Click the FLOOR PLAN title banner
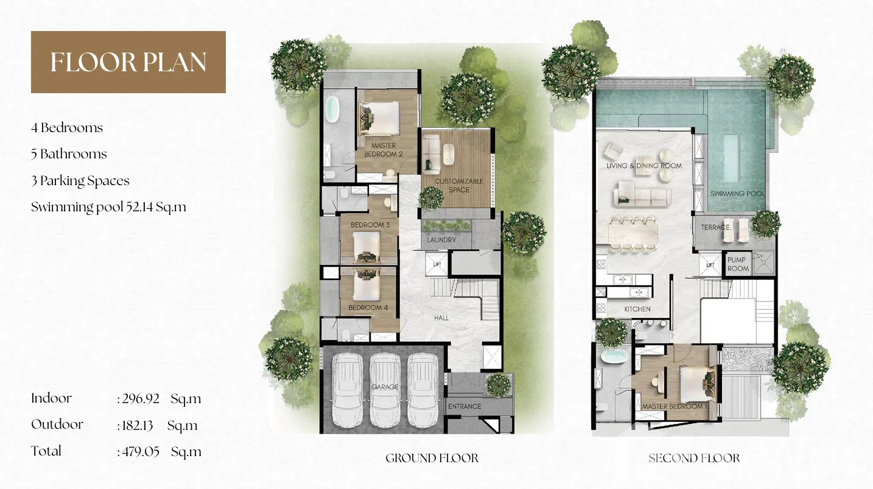pos(128,62)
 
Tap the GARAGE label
pos(385,387)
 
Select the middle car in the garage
pos(385,390)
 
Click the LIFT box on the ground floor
pos(436,265)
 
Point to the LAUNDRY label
pos(441,240)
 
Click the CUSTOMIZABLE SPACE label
pos(458,186)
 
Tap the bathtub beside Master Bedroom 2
pos(332,110)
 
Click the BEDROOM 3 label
pos(370,225)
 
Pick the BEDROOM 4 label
pos(368,308)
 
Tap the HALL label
pos(441,318)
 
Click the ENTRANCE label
pos(465,406)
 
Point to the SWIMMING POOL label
pos(737,194)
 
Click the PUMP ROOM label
pos(737,264)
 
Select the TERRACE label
pos(715,227)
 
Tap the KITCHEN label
pos(637,309)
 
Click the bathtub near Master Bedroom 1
pos(614,356)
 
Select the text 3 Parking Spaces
pos(80,181)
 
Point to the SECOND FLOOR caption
pos(694,458)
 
